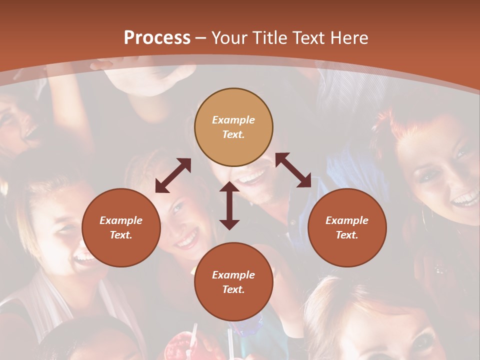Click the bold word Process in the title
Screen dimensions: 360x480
point(157,38)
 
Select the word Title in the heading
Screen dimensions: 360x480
point(269,38)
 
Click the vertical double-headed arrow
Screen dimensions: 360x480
point(229,205)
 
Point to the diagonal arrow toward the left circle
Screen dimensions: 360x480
point(173,175)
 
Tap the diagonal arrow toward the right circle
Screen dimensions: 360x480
point(293,170)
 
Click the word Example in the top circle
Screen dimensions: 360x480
point(233,120)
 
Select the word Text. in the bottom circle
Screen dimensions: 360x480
point(233,289)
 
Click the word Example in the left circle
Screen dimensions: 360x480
point(121,220)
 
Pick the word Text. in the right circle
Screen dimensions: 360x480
point(347,235)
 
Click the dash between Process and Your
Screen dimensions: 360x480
point(201,38)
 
